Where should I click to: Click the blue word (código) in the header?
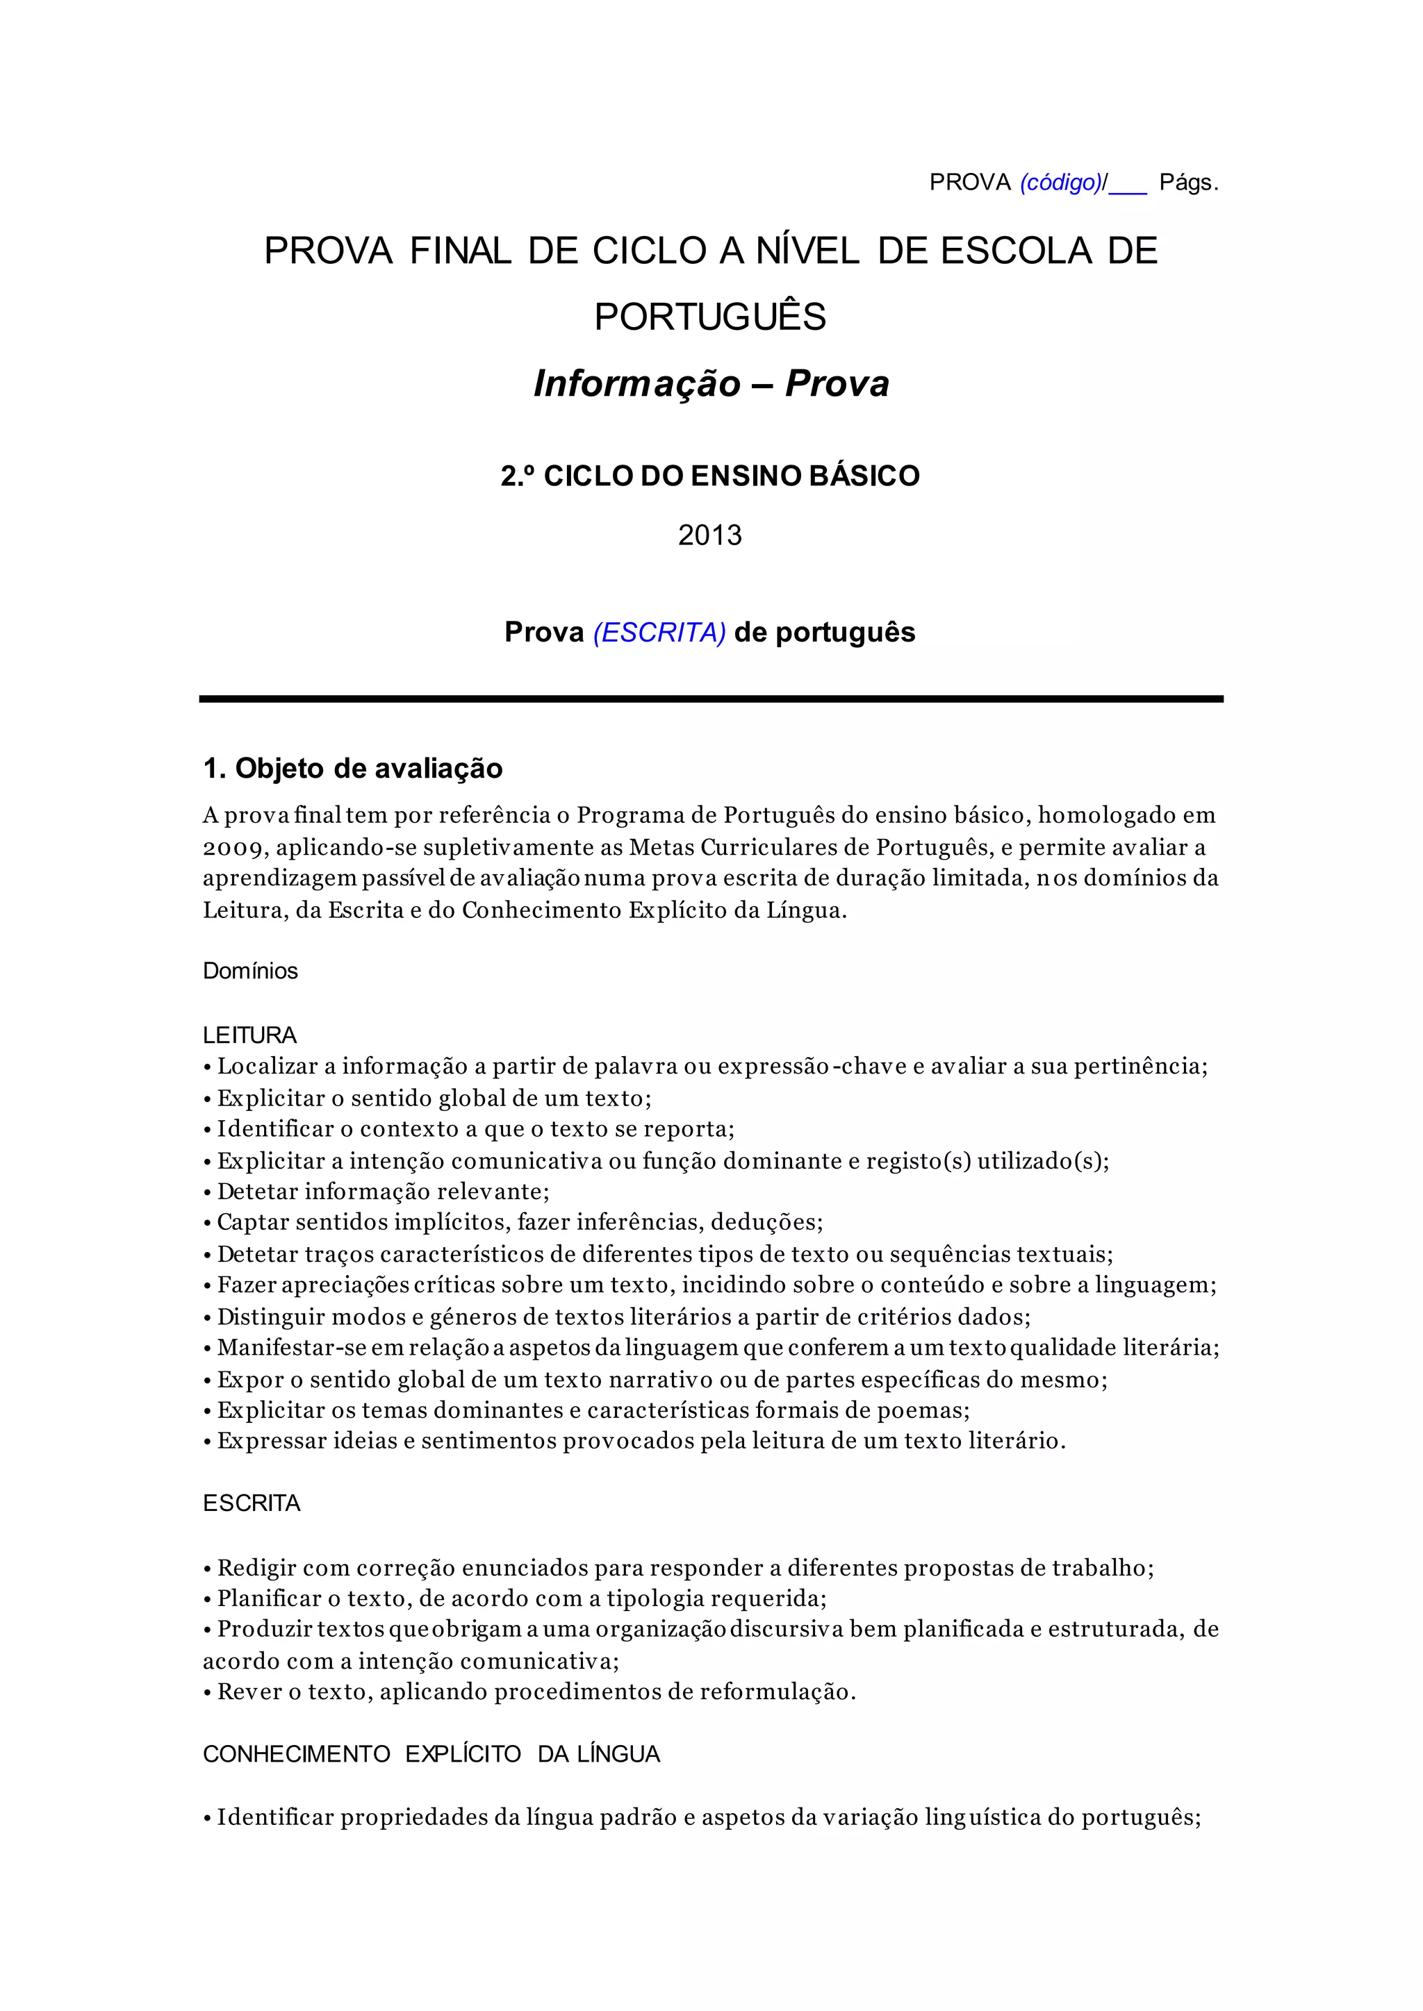click(1060, 183)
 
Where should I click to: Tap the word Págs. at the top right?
click(1188, 183)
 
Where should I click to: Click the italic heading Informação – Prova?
click(711, 383)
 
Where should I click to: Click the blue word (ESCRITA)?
click(659, 633)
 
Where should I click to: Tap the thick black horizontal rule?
click(711, 699)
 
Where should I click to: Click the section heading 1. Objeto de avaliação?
click(352, 769)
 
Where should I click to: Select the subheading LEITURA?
click(249, 1035)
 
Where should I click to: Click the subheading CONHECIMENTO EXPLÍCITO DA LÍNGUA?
click(431, 1754)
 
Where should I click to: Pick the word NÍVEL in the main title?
click(807, 251)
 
